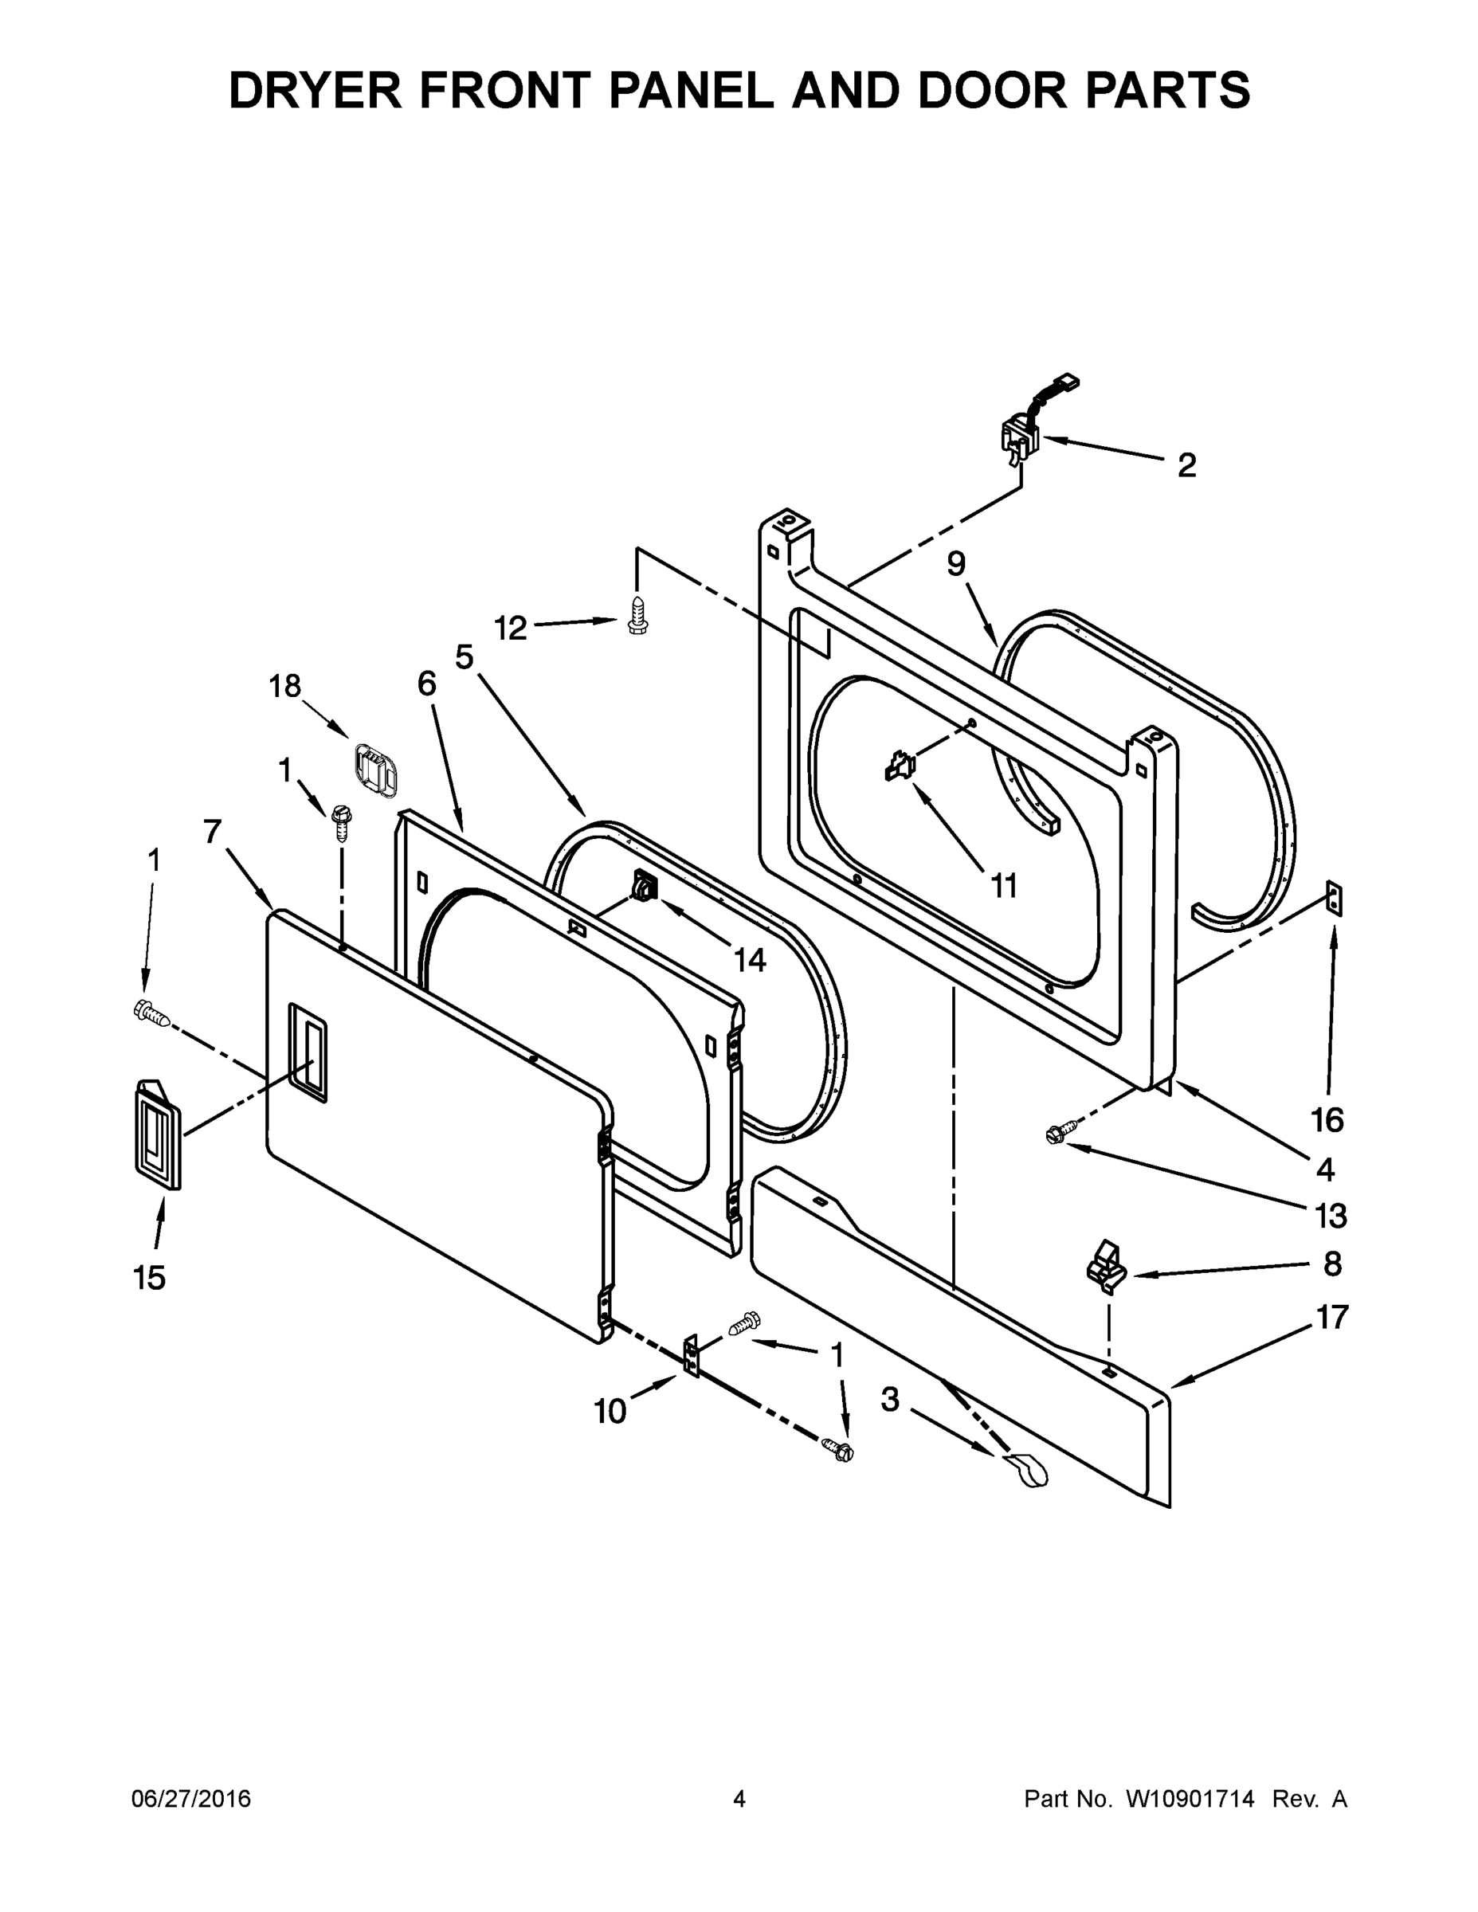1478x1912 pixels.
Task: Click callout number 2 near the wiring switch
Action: (x=1186, y=465)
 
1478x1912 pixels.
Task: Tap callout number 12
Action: (x=511, y=628)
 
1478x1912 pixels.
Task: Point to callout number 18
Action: (x=285, y=687)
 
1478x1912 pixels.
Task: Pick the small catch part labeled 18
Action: (x=375, y=770)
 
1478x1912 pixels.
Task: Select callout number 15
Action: (x=150, y=1278)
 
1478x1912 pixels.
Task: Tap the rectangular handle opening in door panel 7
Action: (x=308, y=1051)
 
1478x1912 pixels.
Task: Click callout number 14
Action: (x=750, y=960)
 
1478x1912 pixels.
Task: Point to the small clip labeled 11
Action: (x=900, y=767)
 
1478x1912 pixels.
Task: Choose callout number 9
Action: (x=956, y=564)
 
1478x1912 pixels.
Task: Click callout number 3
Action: (x=890, y=1399)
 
